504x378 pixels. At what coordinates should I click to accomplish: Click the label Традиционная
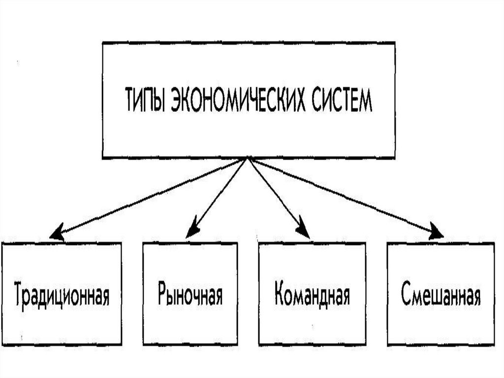(x=62, y=295)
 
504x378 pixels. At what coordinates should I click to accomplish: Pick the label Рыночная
(x=190, y=294)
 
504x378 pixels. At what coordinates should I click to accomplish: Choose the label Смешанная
(x=441, y=294)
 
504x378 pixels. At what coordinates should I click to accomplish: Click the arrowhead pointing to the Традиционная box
(x=57, y=232)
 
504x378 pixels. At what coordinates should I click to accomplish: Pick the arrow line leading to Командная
(x=276, y=195)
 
